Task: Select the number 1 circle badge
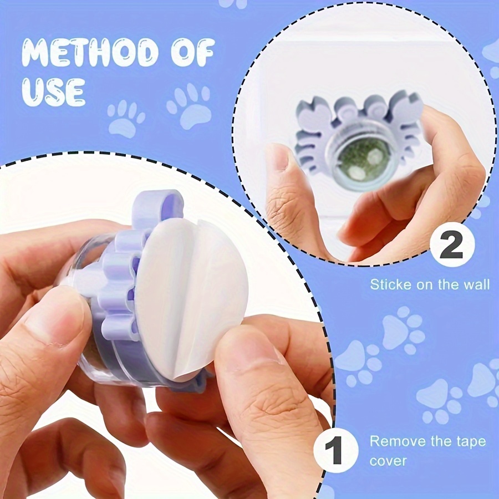335,450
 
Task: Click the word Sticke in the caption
390,284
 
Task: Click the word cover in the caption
388,461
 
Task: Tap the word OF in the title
192,52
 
